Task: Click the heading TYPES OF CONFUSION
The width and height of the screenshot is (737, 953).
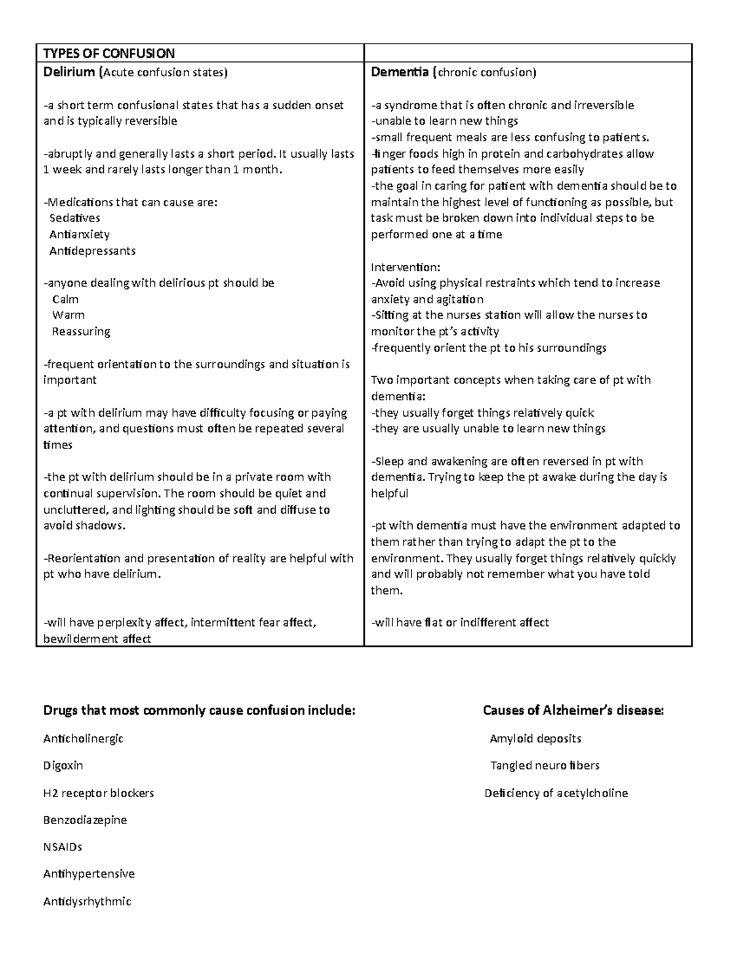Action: tap(109, 53)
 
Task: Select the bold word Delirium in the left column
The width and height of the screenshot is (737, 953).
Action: tap(69, 72)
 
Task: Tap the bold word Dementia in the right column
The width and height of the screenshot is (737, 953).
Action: tap(400, 72)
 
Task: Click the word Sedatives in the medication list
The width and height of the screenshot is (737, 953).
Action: tap(74, 218)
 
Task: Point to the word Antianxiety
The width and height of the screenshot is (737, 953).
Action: tap(79, 234)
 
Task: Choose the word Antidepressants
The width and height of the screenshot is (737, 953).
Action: tap(92, 250)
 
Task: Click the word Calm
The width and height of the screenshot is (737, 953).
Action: tap(65, 299)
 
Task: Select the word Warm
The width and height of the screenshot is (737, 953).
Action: tap(68, 315)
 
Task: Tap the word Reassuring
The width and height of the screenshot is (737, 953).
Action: tap(81, 331)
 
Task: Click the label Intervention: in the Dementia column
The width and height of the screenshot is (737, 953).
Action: tap(405, 267)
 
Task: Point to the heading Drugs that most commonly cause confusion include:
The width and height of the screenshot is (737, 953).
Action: tap(199, 711)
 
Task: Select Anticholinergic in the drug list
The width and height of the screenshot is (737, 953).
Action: tap(84, 739)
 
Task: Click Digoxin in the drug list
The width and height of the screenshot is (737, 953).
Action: tap(63, 766)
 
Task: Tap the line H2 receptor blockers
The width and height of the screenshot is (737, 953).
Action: tap(98, 793)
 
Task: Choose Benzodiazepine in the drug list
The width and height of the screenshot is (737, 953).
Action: tap(85, 820)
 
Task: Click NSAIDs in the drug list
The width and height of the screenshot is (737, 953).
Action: tap(63, 847)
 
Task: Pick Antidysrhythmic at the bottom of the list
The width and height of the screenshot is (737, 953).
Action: tap(87, 901)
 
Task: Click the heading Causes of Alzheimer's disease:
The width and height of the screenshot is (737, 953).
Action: tap(573, 711)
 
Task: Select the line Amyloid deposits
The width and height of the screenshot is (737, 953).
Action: tap(535, 739)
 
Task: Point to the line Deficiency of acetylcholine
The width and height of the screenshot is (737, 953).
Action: tap(556, 793)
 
